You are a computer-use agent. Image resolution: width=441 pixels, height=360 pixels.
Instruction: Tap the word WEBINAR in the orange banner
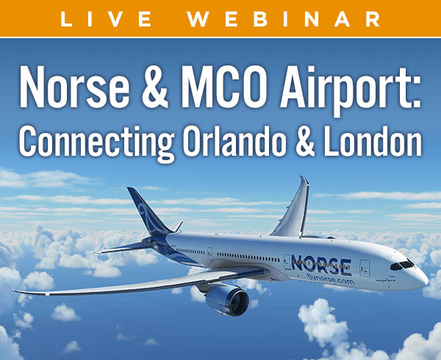pos(284,19)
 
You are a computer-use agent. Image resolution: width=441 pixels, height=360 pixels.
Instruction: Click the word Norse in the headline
pos(74,87)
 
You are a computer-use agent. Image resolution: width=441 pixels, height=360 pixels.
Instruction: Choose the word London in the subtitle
pos(373,141)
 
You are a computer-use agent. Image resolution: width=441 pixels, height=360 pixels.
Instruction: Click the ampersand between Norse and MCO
pos(155,87)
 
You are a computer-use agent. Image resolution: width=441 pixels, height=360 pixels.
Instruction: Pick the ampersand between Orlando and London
pos(304,142)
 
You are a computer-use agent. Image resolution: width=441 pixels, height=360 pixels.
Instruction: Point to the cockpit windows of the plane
pos(402,265)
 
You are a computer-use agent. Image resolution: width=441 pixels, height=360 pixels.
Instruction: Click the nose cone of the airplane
pos(421,278)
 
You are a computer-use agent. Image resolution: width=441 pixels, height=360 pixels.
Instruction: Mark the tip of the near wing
pos(12,289)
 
